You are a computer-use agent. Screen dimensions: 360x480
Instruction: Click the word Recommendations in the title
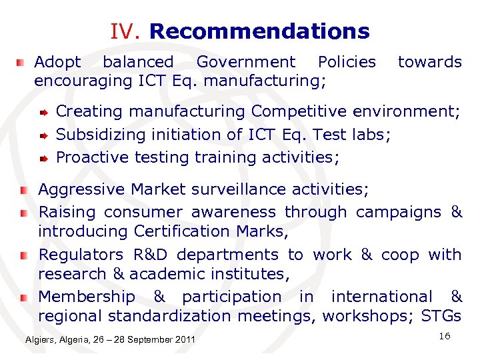[x=259, y=31]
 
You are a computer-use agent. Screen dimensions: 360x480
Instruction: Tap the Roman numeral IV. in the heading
[x=126, y=31]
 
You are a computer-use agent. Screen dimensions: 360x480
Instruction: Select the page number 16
[x=445, y=336]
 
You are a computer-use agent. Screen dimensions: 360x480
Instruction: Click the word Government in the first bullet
[x=245, y=62]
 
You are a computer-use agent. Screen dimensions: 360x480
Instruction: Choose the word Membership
[x=86, y=296]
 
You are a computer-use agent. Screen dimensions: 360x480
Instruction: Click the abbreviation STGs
[x=441, y=315]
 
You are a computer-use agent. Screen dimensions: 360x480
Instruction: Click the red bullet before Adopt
[x=23, y=63]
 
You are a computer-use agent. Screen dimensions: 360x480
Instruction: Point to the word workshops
[x=369, y=315]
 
